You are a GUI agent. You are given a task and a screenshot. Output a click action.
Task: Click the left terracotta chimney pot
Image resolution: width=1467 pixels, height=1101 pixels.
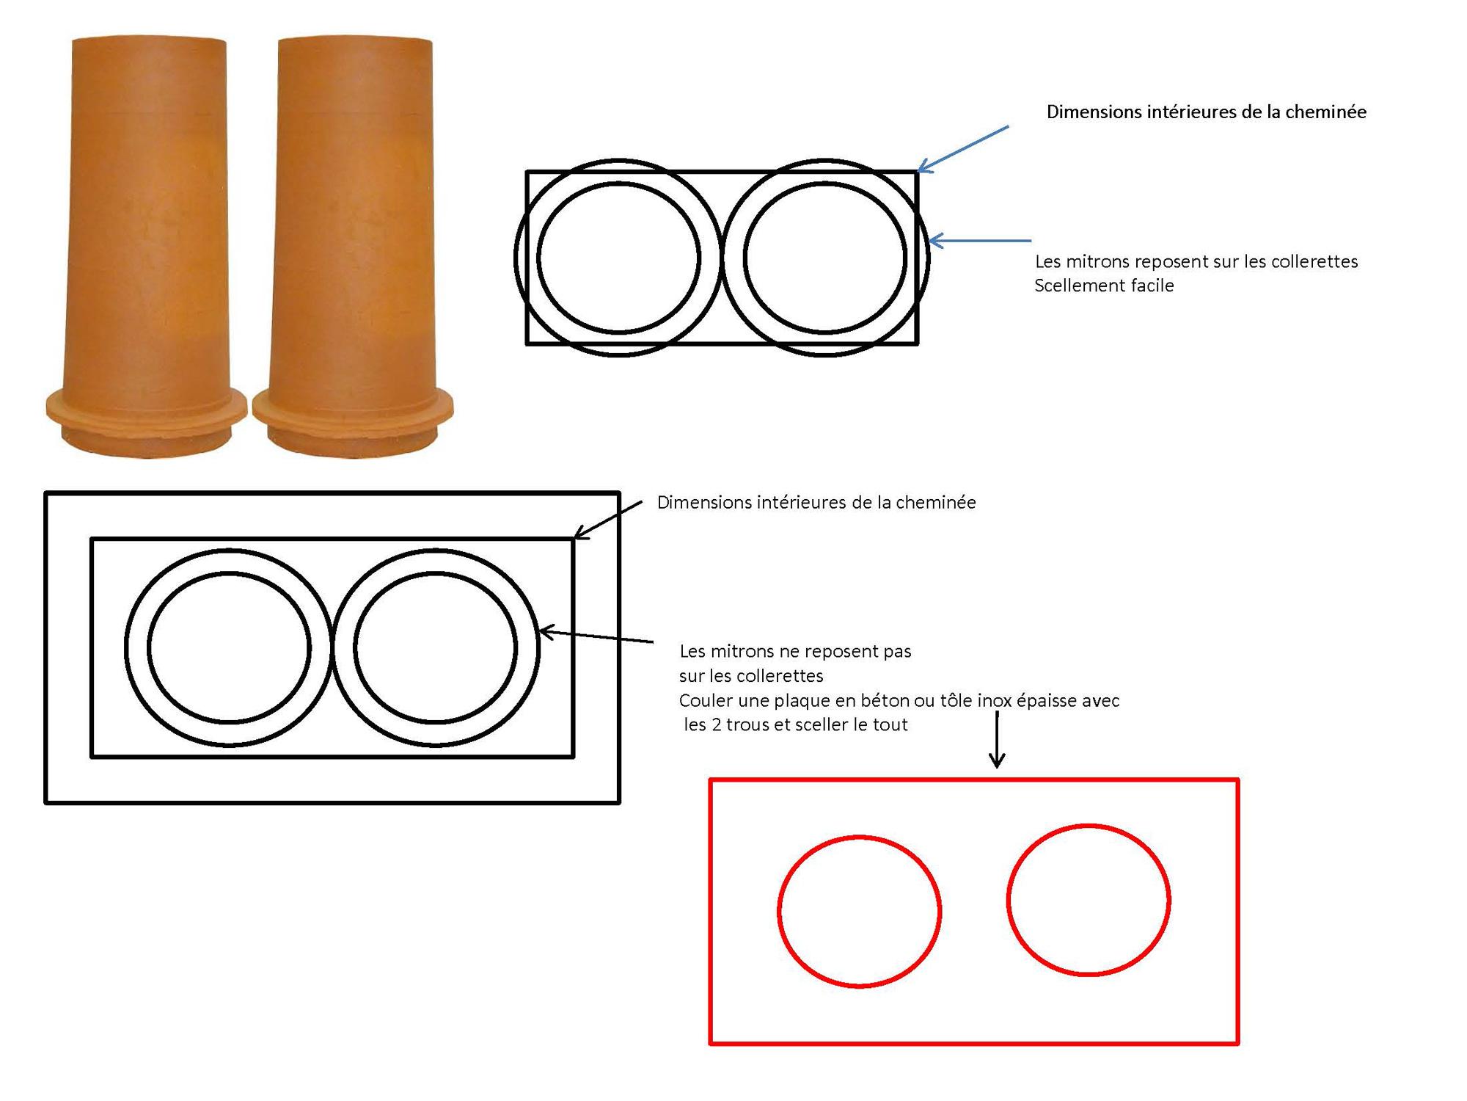click(x=147, y=220)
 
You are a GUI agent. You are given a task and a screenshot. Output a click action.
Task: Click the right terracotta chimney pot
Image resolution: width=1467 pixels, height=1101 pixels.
click(x=354, y=220)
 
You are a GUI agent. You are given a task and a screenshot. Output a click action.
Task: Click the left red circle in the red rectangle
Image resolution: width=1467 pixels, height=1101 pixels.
click(x=859, y=912)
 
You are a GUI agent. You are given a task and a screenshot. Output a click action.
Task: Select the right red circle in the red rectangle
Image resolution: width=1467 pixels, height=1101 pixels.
click(x=1089, y=900)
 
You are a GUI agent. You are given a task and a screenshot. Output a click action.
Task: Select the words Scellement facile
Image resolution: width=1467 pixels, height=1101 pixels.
click(x=1104, y=286)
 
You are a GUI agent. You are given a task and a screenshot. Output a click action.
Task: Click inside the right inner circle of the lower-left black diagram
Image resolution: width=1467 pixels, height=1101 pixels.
click(x=436, y=648)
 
